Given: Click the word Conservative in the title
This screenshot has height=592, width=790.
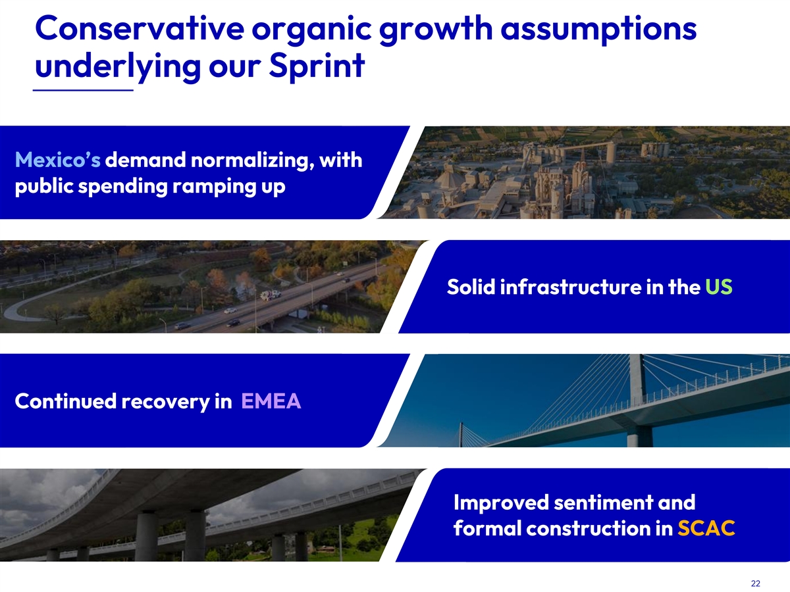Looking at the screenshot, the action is (x=140, y=28).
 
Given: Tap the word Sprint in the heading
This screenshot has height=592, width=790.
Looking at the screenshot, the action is (x=317, y=66).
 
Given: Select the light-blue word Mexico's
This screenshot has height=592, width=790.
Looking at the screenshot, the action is (x=57, y=160).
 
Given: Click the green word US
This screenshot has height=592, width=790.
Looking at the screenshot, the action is (x=719, y=287).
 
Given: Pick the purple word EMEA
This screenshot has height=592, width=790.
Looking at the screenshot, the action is (x=271, y=401).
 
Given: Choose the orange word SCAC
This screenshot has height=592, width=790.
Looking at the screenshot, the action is (x=706, y=528).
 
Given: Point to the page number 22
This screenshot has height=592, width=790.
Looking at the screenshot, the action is (x=756, y=583).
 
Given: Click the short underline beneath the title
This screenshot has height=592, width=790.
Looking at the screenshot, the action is (x=83, y=90).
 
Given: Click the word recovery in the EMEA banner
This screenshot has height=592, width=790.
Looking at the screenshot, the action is (x=165, y=402).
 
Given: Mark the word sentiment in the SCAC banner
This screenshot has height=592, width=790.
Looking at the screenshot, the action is (x=603, y=502).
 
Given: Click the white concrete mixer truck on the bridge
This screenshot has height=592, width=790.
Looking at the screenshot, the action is (x=271, y=295).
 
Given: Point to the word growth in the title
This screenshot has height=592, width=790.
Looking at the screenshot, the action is (x=436, y=30).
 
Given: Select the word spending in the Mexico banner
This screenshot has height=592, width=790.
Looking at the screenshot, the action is (x=122, y=187).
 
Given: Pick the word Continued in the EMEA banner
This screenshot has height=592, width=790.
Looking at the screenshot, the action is (x=65, y=401).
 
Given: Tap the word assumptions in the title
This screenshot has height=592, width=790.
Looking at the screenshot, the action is (x=598, y=30).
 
